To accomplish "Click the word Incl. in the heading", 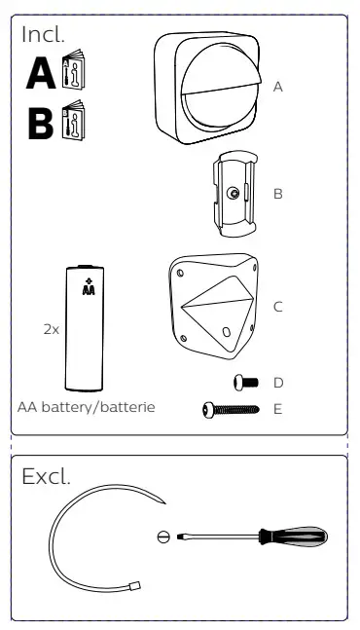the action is [43, 34].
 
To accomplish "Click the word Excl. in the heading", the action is [46, 476].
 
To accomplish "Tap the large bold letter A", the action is [41, 73].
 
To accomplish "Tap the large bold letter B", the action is [41, 123].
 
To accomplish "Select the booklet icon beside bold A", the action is [73, 69].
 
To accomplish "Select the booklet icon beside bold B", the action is [73, 121].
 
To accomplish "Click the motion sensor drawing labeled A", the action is [207, 89].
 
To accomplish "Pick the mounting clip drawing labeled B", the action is [234, 193].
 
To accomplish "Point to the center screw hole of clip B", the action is [233, 194].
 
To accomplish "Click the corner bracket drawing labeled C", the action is [213, 306].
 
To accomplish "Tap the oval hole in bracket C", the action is [227, 332].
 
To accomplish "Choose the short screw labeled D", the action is [245, 382].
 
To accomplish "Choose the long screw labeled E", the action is [231, 410].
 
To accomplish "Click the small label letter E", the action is [277, 409].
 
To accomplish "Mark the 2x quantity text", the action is [51, 329].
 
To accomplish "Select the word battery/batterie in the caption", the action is [98, 407].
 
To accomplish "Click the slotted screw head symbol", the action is [163, 537].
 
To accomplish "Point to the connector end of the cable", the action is [136, 586].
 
